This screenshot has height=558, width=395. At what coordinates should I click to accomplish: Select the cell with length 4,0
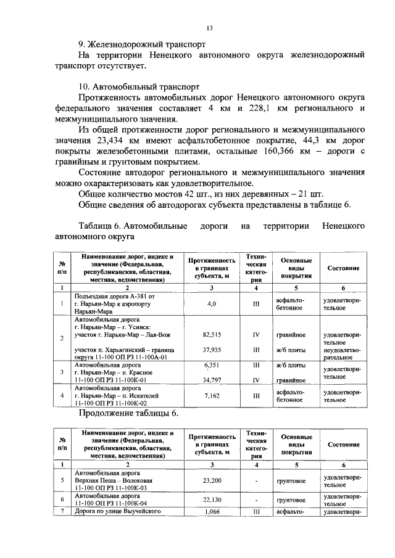pyautogui.click(x=211, y=303)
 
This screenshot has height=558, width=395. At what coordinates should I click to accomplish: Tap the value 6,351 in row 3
pyautogui.click(x=211, y=364)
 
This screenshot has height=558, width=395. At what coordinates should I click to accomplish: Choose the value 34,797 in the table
pyautogui.click(x=211, y=380)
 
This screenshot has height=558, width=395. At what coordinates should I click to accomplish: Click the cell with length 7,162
pyautogui.click(x=211, y=395)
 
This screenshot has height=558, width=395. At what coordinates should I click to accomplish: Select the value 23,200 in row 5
pyautogui.click(x=211, y=480)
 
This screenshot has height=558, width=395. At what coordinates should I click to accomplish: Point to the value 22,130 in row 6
pyautogui.click(x=211, y=499)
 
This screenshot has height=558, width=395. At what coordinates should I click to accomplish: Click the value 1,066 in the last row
pyautogui.click(x=211, y=511)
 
